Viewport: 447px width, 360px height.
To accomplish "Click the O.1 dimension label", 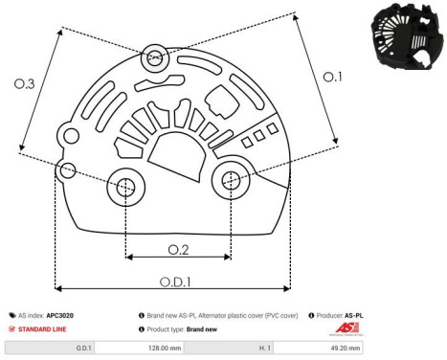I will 331,77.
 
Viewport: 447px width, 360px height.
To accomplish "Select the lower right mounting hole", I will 231,178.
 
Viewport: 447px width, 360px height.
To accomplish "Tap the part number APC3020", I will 61,314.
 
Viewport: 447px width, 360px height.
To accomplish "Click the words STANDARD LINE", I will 45,328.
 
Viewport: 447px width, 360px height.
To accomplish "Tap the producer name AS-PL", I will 354,314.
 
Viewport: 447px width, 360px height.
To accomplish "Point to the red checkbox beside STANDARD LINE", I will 12,328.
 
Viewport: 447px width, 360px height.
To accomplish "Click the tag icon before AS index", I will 12,314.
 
